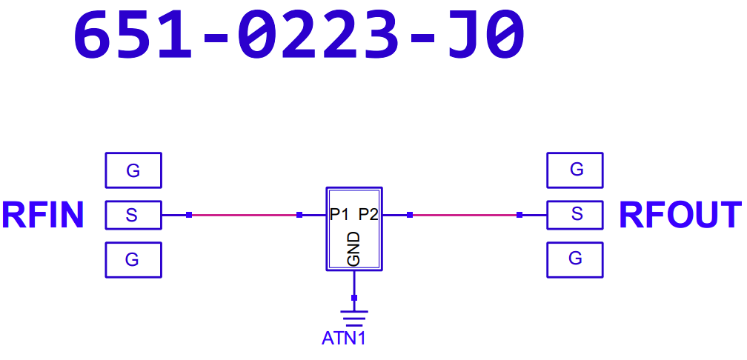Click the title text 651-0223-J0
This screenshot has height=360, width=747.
pyautogui.click(x=299, y=36)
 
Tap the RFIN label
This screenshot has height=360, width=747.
pyautogui.click(x=43, y=215)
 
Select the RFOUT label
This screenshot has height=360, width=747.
pyautogui.click(x=680, y=215)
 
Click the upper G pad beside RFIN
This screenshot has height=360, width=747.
pyautogui.click(x=133, y=170)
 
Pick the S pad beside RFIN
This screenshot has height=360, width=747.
pyautogui.click(x=133, y=215)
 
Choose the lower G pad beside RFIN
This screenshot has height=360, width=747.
pyautogui.click(x=133, y=259)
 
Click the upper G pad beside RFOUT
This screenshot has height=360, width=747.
pyautogui.click(x=575, y=170)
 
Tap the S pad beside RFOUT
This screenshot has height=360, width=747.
pyautogui.click(x=575, y=215)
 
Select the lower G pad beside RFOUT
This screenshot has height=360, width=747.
pyautogui.click(x=575, y=259)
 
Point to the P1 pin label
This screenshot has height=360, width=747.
pyautogui.click(x=339, y=215)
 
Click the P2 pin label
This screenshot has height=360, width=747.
pyautogui.click(x=368, y=215)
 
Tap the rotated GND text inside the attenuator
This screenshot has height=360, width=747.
pyautogui.click(x=353, y=249)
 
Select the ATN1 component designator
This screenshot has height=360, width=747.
pyautogui.click(x=344, y=339)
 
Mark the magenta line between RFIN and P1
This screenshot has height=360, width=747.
pyautogui.click(x=245, y=215)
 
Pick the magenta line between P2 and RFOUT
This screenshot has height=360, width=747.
pyautogui.click(x=465, y=215)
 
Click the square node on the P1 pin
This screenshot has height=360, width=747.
pyautogui.click(x=299, y=215)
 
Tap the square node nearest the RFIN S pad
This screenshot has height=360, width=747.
pyautogui.click(x=189, y=215)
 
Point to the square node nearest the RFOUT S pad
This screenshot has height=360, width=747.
pyautogui.click(x=519, y=215)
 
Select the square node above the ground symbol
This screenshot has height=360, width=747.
pyautogui.click(x=354, y=298)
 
